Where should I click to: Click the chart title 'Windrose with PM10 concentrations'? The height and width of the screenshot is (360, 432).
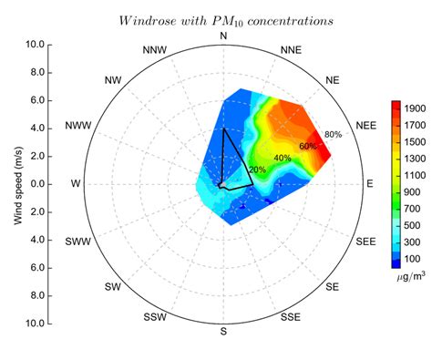click(x=223, y=18)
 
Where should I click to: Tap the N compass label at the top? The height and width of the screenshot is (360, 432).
click(x=223, y=36)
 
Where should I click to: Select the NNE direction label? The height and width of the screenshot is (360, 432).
click(x=292, y=49)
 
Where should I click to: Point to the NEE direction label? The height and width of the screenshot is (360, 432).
click(x=365, y=126)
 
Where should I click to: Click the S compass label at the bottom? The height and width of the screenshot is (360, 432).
click(x=223, y=331)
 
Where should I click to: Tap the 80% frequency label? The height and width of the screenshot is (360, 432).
click(x=333, y=135)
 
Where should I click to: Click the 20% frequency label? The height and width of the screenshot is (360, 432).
click(x=257, y=170)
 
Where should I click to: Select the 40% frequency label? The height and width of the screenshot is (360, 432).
click(x=283, y=158)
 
